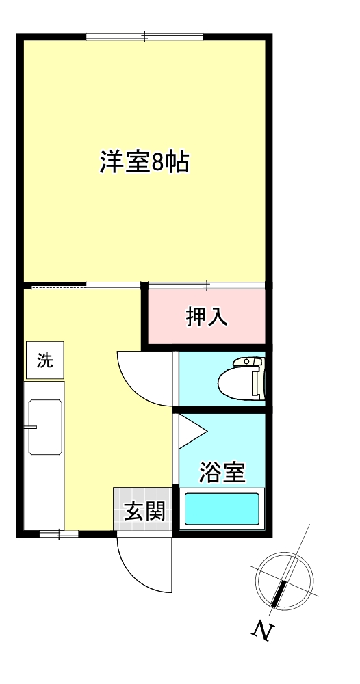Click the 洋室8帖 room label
pyautogui.click(x=144, y=163)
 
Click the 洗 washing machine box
pyautogui.click(x=44, y=360)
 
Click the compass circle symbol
pyautogui.click(x=284, y=579)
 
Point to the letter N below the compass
pyautogui.click(x=259, y=631)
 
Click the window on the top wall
pyautogui.click(x=144, y=37)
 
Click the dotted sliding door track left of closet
pyautogui.click(x=58, y=286)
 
